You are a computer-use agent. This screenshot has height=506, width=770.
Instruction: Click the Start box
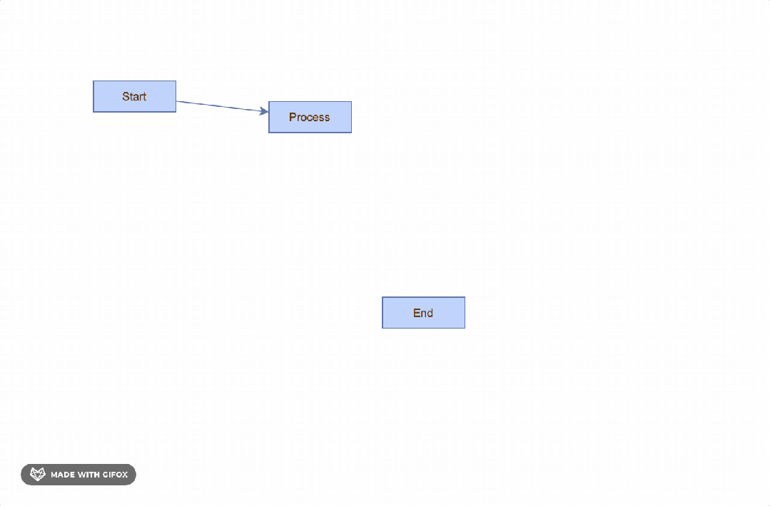[x=134, y=96]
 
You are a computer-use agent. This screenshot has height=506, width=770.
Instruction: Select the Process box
[x=310, y=117]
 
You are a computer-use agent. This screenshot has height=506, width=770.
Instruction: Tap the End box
[x=423, y=313]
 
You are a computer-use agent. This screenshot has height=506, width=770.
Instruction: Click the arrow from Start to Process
[x=221, y=106]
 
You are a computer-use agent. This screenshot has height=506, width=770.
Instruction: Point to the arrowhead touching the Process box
[x=264, y=111]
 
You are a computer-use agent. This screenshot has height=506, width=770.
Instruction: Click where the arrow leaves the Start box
[x=177, y=101]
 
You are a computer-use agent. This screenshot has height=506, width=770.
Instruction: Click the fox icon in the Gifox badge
[x=37, y=475]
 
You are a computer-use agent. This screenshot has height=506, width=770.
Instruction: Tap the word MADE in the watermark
[x=63, y=475]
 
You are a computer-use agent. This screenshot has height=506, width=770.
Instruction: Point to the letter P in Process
[x=293, y=117]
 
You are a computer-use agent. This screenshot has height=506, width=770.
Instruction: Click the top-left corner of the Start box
[x=93, y=81]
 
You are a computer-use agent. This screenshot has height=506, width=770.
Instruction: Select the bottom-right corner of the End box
[x=465, y=328]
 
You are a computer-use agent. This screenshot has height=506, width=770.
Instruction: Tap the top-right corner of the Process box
[x=351, y=102]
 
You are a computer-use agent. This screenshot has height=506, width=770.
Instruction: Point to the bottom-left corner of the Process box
[x=269, y=132]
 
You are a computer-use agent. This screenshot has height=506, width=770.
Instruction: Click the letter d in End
[x=430, y=313]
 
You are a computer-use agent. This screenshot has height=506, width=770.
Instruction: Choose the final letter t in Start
[x=145, y=96]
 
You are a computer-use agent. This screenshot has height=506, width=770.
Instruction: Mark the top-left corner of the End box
[x=383, y=298]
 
